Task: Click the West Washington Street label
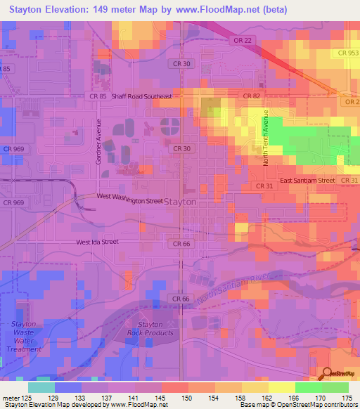click(129, 200)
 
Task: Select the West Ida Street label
click(98, 242)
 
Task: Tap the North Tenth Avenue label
click(266, 138)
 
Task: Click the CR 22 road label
click(241, 41)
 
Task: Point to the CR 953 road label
click(347, 53)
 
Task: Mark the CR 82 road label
click(251, 96)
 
